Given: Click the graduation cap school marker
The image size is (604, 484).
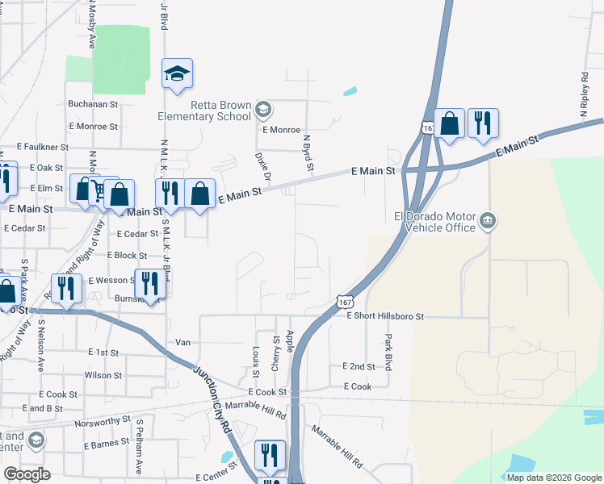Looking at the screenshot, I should point(176,73).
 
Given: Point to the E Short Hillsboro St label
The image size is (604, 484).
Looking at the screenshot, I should point(384,317).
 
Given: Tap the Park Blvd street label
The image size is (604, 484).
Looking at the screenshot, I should point(388,352).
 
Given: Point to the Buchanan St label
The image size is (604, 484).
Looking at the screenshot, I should point(93,104).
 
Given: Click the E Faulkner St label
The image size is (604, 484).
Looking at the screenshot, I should point(43,148).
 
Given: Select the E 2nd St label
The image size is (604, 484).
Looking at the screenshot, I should point(359,366).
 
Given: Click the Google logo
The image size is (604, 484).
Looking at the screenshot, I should point(27,474).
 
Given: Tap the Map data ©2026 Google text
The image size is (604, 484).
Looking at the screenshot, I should point(555,478).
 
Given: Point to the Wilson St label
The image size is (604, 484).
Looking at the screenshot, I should point(103,375).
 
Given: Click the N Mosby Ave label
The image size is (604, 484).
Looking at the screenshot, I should point(92,25).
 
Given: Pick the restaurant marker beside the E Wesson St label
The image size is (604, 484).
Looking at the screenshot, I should point(149,283).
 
